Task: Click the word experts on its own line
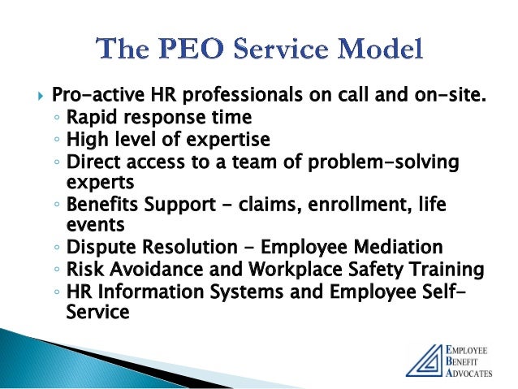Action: pos(95,182)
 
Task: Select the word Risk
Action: pos(84,267)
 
